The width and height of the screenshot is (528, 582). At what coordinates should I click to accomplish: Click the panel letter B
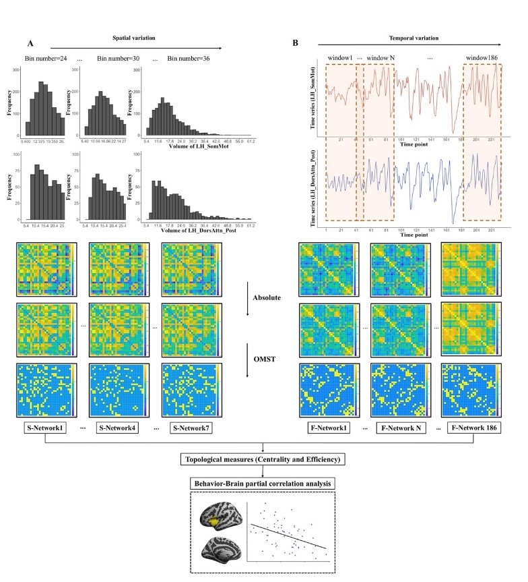(x=296, y=43)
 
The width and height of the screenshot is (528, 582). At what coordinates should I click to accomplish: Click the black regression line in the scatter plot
(x=290, y=536)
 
